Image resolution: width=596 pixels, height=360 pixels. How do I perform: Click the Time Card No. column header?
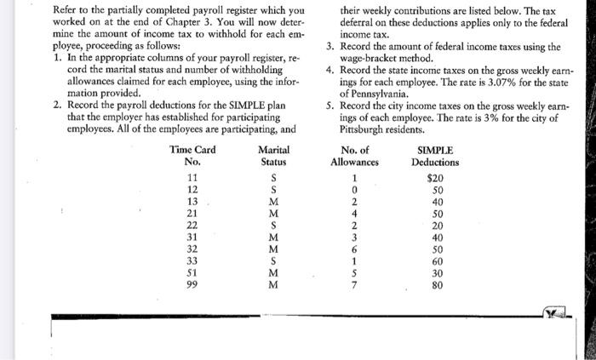coord(192,156)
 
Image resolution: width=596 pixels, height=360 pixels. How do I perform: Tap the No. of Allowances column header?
coord(353,156)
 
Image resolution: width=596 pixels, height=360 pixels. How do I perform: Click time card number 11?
coord(192,178)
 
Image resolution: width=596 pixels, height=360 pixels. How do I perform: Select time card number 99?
coord(192,285)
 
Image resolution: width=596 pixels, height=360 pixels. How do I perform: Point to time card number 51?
coord(192,273)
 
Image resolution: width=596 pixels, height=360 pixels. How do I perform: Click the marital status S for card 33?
coord(272,261)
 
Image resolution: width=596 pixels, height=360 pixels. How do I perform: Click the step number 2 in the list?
coord(57,106)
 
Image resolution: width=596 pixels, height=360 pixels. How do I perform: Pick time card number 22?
coord(192,226)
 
